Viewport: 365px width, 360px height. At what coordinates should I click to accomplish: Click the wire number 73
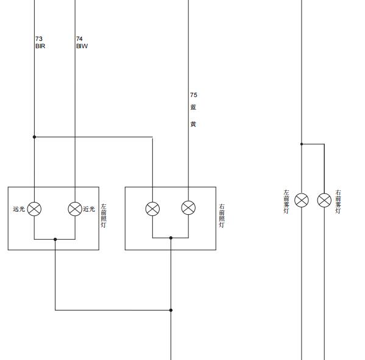(39, 38)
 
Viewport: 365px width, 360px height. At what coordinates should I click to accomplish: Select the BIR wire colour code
(40, 46)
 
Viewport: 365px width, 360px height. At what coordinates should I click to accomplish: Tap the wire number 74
(79, 38)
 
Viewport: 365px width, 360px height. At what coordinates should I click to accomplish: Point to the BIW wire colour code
(82, 46)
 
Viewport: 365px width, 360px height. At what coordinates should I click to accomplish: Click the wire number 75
(193, 95)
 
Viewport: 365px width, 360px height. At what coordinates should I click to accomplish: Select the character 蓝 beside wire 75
(193, 107)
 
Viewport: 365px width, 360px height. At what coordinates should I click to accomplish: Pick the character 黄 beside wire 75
(193, 124)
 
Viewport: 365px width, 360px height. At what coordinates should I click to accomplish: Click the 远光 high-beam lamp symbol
(34, 209)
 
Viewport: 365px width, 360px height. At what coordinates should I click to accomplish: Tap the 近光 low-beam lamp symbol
(75, 209)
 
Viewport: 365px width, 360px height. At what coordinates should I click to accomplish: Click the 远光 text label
(19, 209)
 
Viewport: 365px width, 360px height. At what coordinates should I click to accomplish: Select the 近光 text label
(89, 209)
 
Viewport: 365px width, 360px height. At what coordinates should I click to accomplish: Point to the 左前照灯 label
(104, 215)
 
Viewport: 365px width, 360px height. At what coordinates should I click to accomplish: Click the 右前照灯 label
(222, 215)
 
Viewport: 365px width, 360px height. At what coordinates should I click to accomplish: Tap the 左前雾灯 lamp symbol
(302, 200)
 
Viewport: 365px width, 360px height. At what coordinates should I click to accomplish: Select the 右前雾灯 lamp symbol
(324, 200)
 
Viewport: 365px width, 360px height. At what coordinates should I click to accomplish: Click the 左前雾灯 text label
(286, 202)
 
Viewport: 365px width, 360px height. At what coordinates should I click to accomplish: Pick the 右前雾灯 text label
(338, 202)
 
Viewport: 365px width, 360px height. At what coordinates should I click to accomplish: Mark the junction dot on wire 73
(34, 137)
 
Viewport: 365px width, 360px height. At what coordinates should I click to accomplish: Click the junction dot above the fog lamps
(302, 144)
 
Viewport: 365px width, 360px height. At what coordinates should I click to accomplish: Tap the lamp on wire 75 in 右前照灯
(188, 207)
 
